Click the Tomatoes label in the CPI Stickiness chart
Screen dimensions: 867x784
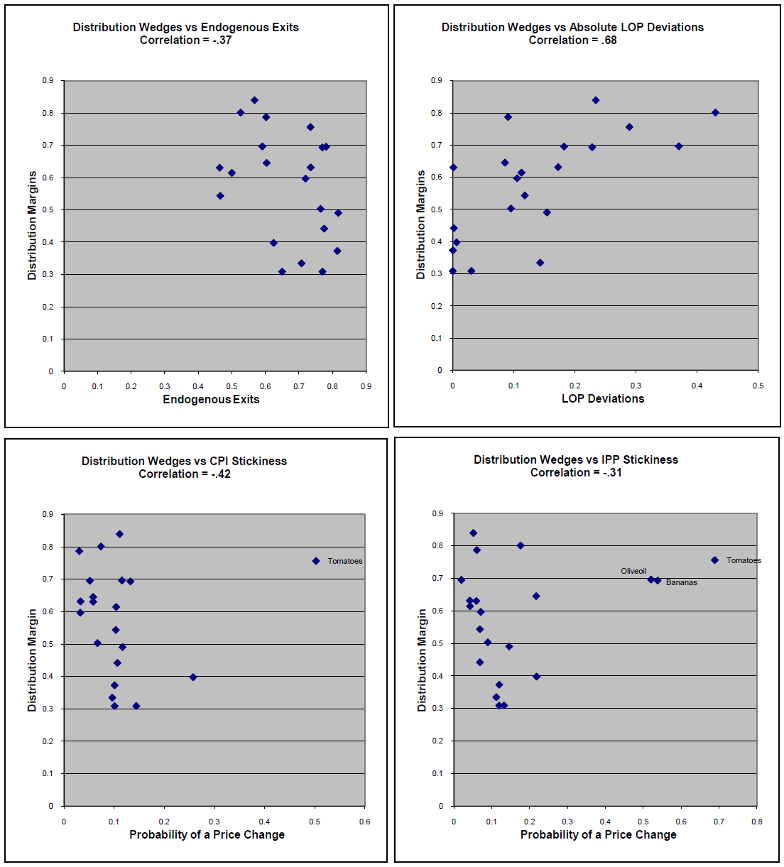click(344, 562)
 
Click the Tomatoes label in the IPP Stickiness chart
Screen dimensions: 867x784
click(744, 561)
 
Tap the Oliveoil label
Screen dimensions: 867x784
click(633, 572)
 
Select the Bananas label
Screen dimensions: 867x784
click(681, 583)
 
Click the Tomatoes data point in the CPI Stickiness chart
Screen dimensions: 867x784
click(316, 561)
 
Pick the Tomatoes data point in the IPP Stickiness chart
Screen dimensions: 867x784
click(714, 560)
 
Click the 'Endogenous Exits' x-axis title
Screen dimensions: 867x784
click(211, 400)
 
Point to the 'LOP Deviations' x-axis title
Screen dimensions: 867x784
click(603, 399)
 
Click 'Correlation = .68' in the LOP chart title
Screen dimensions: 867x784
click(572, 40)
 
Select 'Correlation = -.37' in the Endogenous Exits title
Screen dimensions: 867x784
click(185, 40)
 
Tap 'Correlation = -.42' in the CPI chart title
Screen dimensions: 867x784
click(185, 474)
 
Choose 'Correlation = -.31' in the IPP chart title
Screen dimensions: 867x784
click(576, 473)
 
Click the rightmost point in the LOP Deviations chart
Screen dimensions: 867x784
click(715, 113)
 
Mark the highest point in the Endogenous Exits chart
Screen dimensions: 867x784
click(254, 100)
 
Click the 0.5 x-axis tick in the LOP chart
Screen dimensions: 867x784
click(758, 386)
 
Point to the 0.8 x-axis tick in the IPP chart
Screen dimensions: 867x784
click(757, 822)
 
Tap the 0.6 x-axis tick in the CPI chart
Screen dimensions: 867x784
click(364, 822)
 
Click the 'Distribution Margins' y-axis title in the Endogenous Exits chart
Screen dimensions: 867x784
click(32, 225)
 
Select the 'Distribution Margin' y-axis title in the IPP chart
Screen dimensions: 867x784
click(422, 660)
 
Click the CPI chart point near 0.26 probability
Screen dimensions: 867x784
click(193, 677)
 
